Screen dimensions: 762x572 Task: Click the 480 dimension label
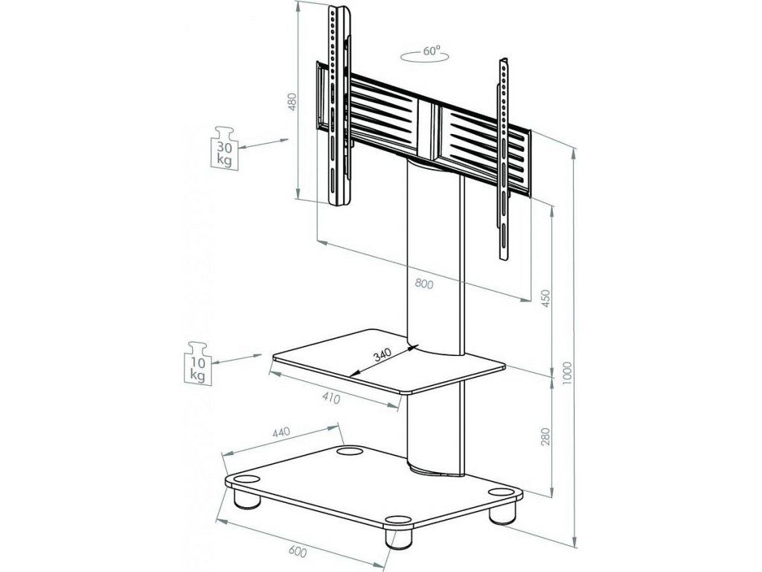pyautogui.click(x=292, y=103)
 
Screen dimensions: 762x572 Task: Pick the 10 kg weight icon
pyautogui.click(x=196, y=363)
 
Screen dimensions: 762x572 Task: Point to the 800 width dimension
pyautogui.click(x=425, y=282)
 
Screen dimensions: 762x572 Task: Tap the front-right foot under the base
pyautogui.click(x=396, y=537)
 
